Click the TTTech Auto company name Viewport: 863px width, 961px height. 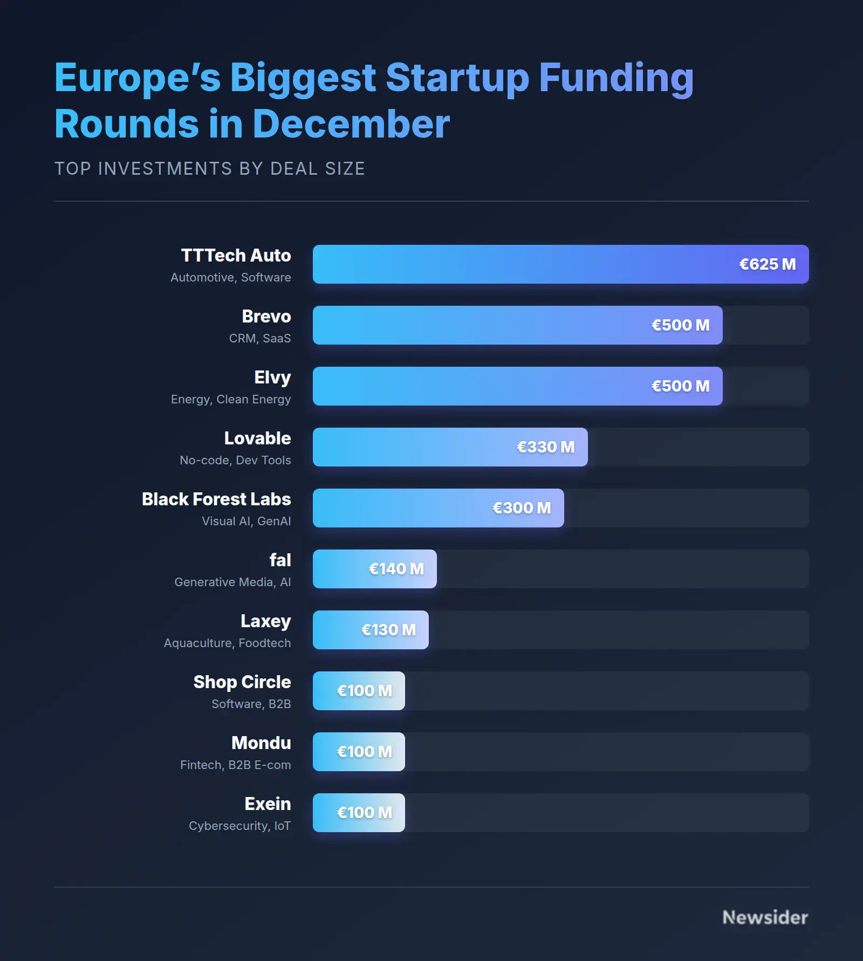[x=236, y=256]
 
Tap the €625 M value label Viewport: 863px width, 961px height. [x=767, y=264]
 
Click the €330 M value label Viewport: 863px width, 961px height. [x=545, y=447]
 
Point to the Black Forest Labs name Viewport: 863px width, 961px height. [x=216, y=499]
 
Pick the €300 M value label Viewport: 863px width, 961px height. [x=522, y=508]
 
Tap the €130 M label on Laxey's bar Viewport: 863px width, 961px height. [x=388, y=630]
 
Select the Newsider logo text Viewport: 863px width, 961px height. [x=765, y=917]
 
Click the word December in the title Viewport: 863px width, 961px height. [x=351, y=124]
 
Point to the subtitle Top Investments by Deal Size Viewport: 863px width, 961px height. [x=210, y=169]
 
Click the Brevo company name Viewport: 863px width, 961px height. [x=266, y=317]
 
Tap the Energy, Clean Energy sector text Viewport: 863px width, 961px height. [x=231, y=399]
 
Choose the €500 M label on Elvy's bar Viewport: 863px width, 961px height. [x=680, y=386]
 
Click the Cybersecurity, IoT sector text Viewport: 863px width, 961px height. [x=239, y=826]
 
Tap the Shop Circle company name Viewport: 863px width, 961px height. [x=242, y=682]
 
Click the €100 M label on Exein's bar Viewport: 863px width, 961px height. [x=364, y=813]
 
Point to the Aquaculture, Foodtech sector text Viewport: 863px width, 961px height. [x=227, y=643]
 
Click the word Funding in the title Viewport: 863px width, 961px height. [x=616, y=78]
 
